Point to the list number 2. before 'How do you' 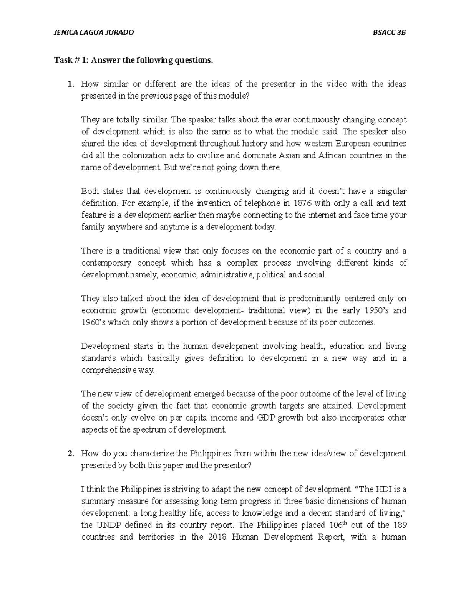tap(70, 454)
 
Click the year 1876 tap(302, 203)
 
